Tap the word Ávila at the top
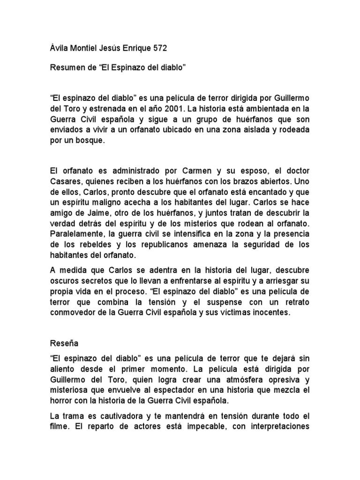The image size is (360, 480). click(59, 48)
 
